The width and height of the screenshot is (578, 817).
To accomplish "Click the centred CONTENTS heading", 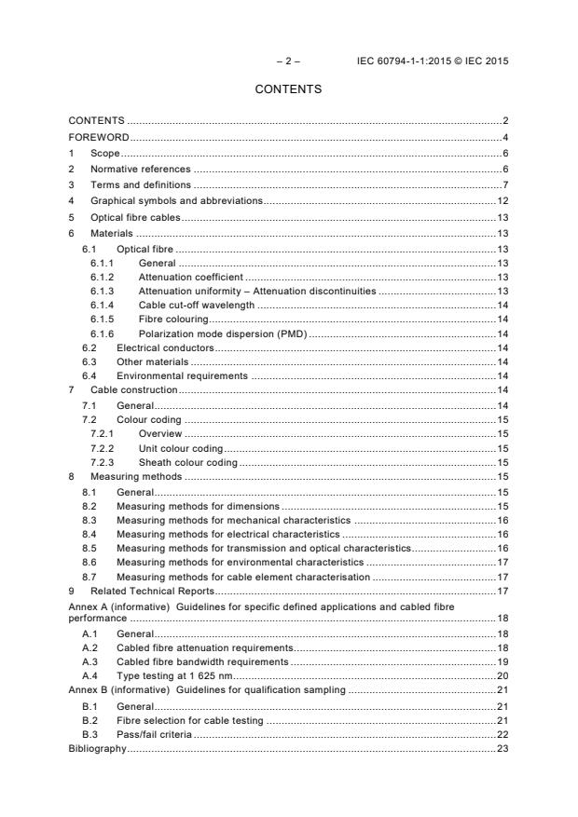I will tap(288, 90).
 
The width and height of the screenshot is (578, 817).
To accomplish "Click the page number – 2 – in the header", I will tap(288, 61).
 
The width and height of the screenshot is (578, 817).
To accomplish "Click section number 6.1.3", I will tap(103, 291).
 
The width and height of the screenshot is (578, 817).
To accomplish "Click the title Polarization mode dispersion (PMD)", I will tap(223, 333).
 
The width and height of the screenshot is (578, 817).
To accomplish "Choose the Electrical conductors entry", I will tap(165, 347).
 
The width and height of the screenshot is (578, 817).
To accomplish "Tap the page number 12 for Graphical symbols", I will tap(502, 200).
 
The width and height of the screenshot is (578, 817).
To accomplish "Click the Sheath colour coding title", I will tap(187, 462).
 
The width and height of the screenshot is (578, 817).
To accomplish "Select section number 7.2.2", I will tap(103, 448).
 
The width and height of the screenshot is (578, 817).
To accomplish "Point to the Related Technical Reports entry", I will tap(152, 591).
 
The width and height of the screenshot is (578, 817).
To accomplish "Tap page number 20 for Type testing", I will tap(502, 675).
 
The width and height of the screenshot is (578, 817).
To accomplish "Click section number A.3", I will tap(90, 661).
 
